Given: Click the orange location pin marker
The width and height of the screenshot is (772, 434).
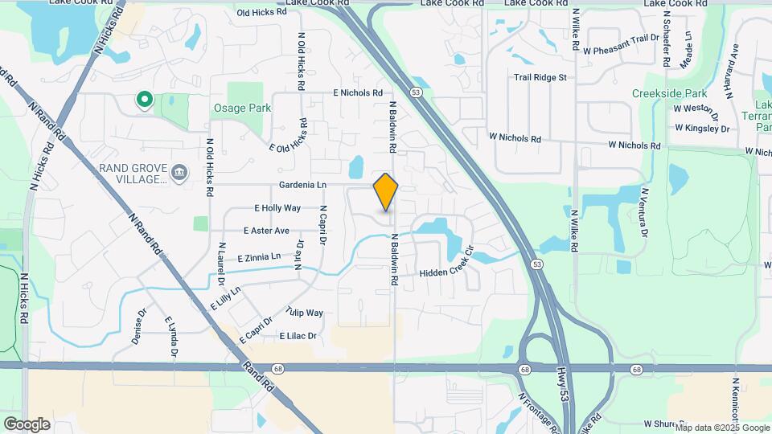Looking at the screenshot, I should [386, 192].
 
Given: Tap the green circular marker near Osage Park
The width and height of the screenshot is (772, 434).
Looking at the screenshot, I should [145, 100].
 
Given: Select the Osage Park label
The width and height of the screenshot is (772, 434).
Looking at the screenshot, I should [242, 108].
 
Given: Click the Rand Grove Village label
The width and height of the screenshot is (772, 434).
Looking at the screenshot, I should [133, 173].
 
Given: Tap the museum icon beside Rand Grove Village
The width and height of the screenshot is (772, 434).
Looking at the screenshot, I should [179, 171].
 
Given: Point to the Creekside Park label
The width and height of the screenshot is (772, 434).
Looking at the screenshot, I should [663, 93].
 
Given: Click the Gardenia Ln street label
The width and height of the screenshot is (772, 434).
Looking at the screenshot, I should [302, 185].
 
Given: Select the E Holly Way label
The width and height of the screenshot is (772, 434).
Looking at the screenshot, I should [277, 208].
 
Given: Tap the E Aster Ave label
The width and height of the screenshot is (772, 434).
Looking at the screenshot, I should [266, 231].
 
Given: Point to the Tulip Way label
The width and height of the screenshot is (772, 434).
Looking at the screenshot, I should [304, 313].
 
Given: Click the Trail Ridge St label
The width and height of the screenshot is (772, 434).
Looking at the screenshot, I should [541, 78].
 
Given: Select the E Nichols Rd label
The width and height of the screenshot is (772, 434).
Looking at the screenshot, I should [358, 93].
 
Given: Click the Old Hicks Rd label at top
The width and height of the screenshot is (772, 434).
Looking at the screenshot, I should [262, 13].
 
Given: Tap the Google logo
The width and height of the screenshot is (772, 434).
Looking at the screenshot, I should [27, 424].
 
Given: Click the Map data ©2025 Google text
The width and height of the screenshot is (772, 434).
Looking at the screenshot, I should [721, 428].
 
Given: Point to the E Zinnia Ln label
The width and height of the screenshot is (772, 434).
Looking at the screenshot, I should [259, 257].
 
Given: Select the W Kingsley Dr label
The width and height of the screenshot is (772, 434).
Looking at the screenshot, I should [702, 128].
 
